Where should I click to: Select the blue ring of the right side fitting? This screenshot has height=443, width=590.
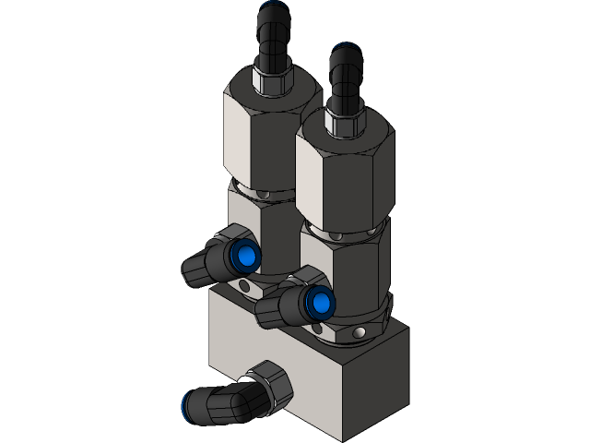coord(320,301)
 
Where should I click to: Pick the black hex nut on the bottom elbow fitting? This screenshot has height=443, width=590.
coord(270,383)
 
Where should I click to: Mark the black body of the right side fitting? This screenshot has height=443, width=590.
coord(277,309)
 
